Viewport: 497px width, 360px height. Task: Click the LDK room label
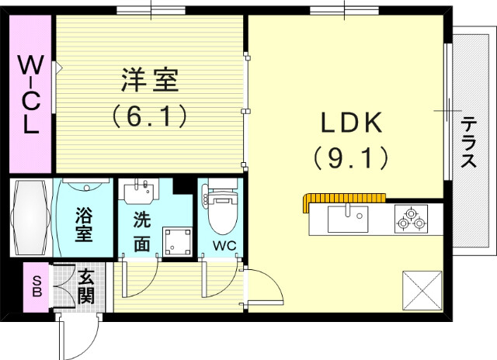click(x=349, y=124)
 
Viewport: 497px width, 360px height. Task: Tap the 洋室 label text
click(x=150, y=80)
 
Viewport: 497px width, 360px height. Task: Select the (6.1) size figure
click(x=150, y=116)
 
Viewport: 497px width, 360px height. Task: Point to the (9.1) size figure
click(x=350, y=158)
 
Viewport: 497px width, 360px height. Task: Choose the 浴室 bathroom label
click(x=83, y=223)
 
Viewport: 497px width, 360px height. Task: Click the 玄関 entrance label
click(x=85, y=285)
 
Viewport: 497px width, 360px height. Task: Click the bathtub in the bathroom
click(x=32, y=218)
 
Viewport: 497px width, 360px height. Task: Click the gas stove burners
click(x=411, y=220)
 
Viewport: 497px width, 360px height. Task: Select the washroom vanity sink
click(x=140, y=191)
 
